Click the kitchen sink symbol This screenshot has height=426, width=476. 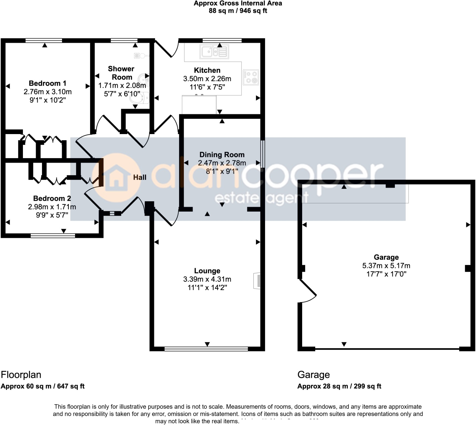point(214,52)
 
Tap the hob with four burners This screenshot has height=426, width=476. point(251,77)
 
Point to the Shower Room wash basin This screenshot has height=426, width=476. point(144,79)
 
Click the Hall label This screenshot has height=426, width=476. point(140,177)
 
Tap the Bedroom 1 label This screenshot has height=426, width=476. point(47,83)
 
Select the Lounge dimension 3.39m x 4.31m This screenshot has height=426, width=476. point(207,279)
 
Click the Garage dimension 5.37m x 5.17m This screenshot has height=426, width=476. point(386,266)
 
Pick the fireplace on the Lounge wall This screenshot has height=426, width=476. point(257,280)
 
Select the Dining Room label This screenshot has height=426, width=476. point(222,155)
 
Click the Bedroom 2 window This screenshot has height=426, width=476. point(53,235)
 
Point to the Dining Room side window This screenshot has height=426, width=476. point(263,154)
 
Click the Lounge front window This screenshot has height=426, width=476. point(206,349)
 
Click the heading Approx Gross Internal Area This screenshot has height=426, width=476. point(238,4)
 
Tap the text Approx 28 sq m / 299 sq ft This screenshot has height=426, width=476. point(339,386)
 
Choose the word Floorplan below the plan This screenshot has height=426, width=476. point(21,375)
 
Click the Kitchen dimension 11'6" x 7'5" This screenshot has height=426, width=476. point(207,87)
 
